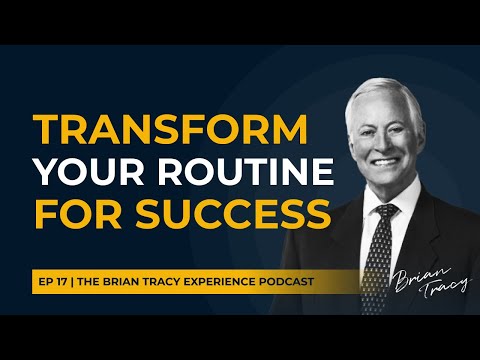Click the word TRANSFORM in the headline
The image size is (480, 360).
click(x=156, y=130)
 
